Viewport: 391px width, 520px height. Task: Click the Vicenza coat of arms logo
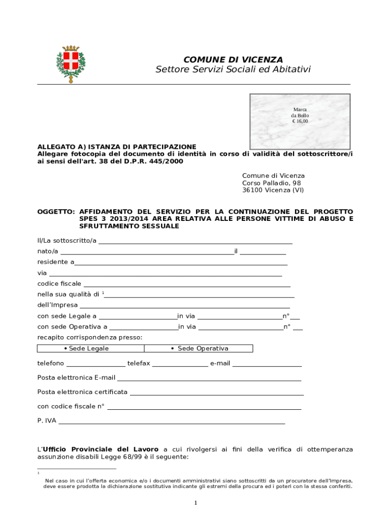tap(71, 64)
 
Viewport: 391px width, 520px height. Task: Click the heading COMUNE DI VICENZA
tap(233, 60)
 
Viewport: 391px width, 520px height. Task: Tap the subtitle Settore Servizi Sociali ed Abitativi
tap(233, 70)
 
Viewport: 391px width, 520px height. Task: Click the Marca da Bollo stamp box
tap(300, 121)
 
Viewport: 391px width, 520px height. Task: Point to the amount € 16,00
tap(300, 122)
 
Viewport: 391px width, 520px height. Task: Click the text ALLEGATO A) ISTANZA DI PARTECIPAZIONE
tap(117, 147)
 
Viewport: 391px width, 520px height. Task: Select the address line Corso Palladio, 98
tap(271, 183)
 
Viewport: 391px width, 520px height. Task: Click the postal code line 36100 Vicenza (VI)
tap(273, 190)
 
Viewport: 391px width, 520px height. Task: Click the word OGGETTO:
tap(56, 211)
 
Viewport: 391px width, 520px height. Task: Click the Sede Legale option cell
tap(91, 348)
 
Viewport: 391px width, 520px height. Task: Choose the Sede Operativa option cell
tap(199, 348)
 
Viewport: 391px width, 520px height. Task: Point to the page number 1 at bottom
tap(195, 503)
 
